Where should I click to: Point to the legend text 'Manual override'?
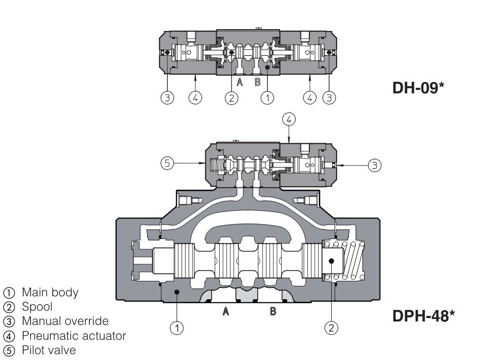coord(65,321)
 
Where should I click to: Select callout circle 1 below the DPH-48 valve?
coord(177,326)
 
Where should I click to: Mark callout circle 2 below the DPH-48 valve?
coord(332,326)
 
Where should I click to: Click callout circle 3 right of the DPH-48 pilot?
coord(376,165)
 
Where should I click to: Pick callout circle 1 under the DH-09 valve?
coord(267,98)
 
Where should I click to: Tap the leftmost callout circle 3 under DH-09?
coord(168,98)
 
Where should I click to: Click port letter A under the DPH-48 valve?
coord(226,312)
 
